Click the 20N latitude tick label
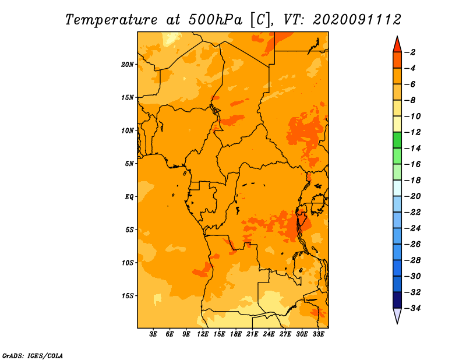coord(128,65)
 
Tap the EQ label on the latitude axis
coord(129,197)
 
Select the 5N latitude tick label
coord(129,164)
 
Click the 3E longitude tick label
coord(153,334)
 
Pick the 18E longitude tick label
coord(236,334)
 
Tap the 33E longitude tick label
coord(318,334)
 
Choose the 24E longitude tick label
coord(269,334)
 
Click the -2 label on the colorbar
coord(410,52)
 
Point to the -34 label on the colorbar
coord(412,308)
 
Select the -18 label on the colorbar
coord(412,181)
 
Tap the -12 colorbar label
coord(412,132)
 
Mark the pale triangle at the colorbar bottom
coord(397,315)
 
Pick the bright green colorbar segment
coord(397,140)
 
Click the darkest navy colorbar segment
coord(397,300)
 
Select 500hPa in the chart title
coord(215,20)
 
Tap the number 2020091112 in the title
coord(357,20)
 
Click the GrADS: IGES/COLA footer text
coord(33,356)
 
